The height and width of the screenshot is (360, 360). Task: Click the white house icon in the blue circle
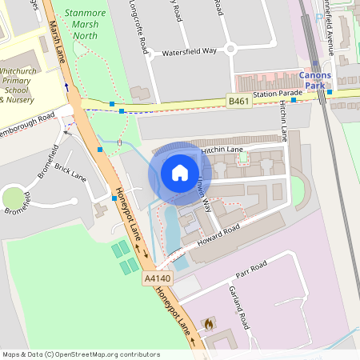(x=180, y=173)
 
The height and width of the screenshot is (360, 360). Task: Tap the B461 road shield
(x=238, y=101)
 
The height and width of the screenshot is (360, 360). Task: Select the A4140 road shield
(x=155, y=278)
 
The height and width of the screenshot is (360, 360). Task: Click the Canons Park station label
(x=314, y=80)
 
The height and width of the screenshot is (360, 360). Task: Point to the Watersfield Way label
(x=189, y=50)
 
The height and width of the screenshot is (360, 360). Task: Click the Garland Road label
(x=239, y=307)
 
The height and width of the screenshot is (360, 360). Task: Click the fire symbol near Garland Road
(x=209, y=324)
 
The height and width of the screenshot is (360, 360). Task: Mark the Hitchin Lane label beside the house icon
(x=222, y=150)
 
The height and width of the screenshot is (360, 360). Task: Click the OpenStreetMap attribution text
(x=80, y=354)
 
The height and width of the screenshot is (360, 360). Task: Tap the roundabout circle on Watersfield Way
(x=230, y=49)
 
